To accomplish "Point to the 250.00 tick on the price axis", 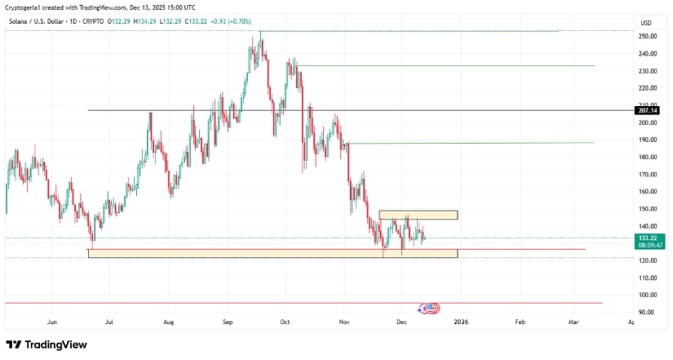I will click(649, 37).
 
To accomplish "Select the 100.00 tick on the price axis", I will click(649, 296).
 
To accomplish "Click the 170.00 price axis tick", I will click(649, 175).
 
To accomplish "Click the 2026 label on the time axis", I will click(461, 322).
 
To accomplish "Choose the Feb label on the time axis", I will click(520, 322).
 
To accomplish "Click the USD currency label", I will click(646, 23).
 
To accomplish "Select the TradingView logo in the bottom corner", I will click(46, 345).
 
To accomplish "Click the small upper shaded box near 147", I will click(418, 215).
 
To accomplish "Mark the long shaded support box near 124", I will click(272, 254).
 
